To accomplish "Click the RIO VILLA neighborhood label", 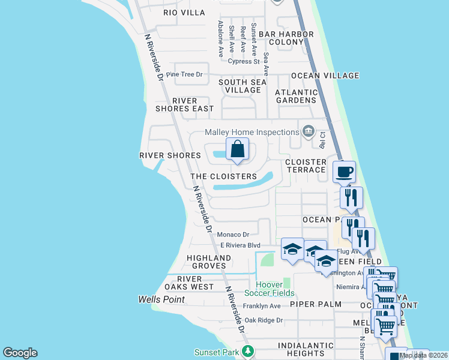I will click(184, 13).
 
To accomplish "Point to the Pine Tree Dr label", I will click(185, 74).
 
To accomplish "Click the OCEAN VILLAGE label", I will click(325, 76).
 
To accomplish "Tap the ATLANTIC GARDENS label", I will click(296, 96).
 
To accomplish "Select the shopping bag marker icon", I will click(237, 149).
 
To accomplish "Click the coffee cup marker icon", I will click(345, 172).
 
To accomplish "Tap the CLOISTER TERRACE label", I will click(305, 166).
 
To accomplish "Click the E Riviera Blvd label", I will click(240, 245).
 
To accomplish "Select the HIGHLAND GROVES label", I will click(209, 262).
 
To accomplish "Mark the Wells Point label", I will click(158, 299).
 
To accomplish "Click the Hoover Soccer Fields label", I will click(269, 289).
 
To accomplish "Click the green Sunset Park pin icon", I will click(246, 352).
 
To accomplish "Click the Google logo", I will click(20, 353).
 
